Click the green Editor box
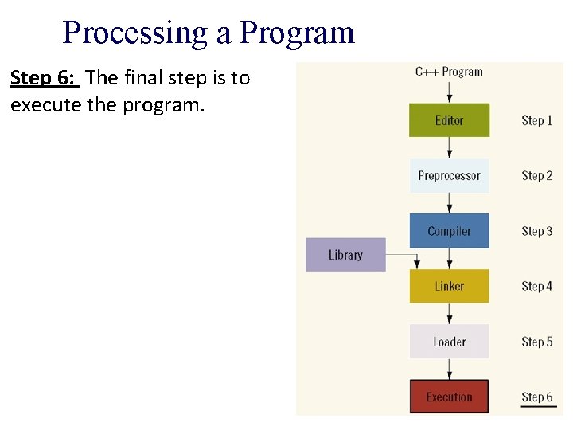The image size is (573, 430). click(449, 120)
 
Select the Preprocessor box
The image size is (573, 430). click(449, 176)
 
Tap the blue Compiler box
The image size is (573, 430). click(449, 231)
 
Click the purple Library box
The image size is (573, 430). click(345, 255)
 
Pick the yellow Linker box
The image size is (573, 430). click(449, 286)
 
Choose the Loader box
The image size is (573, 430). click(449, 342)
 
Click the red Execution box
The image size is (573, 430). click(449, 397)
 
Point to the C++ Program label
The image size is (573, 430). click(449, 72)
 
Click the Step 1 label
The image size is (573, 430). click(536, 121)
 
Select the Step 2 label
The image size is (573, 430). click(536, 176)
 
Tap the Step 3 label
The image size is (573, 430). click(536, 231)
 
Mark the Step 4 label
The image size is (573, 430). click(536, 286)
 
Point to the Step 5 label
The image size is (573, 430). click(536, 342)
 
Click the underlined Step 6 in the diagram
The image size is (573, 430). click(536, 397)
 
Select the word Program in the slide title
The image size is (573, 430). click(297, 33)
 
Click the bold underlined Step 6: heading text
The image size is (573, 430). click(44, 78)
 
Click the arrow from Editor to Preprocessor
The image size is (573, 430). click(449, 148)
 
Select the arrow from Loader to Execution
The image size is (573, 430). click(449, 369)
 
